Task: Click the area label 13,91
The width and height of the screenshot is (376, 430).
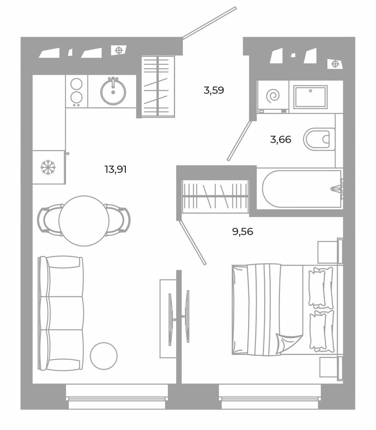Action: point(116,170)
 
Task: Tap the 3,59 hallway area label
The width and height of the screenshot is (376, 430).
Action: point(214,90)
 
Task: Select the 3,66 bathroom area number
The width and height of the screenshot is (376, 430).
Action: point(281,140)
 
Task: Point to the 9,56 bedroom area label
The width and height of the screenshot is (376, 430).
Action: point(243,232)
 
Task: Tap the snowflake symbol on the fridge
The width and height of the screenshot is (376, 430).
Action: point(48,167)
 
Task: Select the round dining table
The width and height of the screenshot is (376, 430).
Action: point(84,221)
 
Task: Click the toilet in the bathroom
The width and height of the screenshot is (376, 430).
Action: point(319,139)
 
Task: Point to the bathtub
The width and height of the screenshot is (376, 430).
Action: point(302,189)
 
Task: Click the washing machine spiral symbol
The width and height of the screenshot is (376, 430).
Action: point(273,96)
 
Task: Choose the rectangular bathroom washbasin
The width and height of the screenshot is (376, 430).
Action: point(310,97)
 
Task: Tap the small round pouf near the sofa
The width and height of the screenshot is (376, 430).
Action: point(104,356)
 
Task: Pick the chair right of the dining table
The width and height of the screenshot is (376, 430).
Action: point(117,220)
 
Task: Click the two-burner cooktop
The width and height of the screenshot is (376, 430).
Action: point(76,91)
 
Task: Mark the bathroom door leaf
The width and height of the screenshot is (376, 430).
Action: point(239,141)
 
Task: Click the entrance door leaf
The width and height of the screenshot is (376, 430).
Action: point(210,23)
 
